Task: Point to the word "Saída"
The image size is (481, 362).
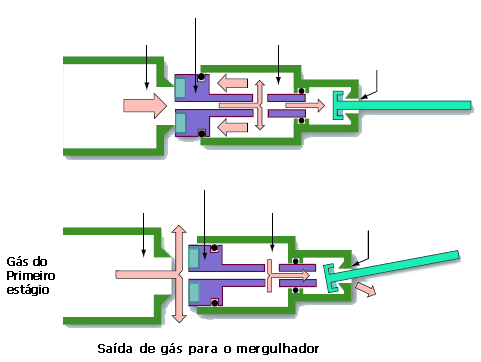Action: [x=118, y=349]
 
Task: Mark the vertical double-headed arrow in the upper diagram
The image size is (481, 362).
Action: [x=260, y=104]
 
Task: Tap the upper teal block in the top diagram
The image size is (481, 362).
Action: [x=180, y=87]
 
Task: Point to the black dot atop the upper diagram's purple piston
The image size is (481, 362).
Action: [x=201, y=77]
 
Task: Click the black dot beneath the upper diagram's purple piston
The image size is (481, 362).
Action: [x=201, y=133]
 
